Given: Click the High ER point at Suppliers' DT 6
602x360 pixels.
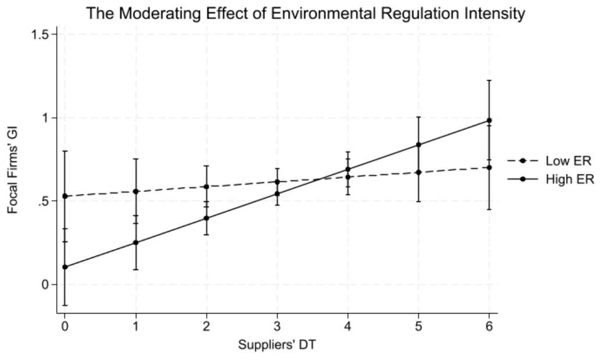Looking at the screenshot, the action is coord(489,121).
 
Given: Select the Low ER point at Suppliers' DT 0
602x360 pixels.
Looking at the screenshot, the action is coord(65,196).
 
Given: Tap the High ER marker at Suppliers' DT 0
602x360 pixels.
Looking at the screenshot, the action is coord(65,267).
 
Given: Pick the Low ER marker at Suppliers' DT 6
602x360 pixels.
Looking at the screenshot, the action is coord(489,167).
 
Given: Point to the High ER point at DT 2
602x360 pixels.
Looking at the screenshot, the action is coord(206,218).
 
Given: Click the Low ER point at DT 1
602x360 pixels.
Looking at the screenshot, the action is coord(135,191).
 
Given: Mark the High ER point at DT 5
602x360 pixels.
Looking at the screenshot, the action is coord(418,145).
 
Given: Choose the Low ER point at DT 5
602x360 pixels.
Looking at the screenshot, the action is coord(418,172).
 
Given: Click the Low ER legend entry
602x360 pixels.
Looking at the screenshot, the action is coord(549,161).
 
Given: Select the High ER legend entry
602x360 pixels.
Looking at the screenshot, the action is coord(551,179).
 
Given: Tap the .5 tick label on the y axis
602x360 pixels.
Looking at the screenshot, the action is coord(44,201).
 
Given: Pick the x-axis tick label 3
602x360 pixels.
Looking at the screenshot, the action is coord(277,326).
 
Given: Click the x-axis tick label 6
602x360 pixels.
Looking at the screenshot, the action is coord(489,326).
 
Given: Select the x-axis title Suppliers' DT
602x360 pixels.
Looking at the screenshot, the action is coord(277,344).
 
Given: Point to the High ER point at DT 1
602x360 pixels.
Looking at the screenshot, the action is coord(135,243).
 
